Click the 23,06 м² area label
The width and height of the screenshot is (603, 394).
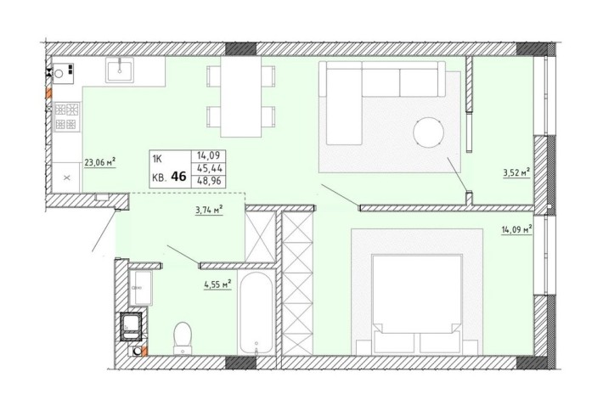coord(99,161)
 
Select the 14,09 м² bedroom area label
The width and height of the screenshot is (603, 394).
coord(516,227)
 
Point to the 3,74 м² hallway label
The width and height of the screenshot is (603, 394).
coord(208,209)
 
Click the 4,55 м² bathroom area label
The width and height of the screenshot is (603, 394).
coord(217,285)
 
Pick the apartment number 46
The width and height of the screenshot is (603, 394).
coord(179,177)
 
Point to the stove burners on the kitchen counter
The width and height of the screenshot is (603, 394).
coord(65,117)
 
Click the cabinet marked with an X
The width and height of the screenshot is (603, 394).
coord(67,177)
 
